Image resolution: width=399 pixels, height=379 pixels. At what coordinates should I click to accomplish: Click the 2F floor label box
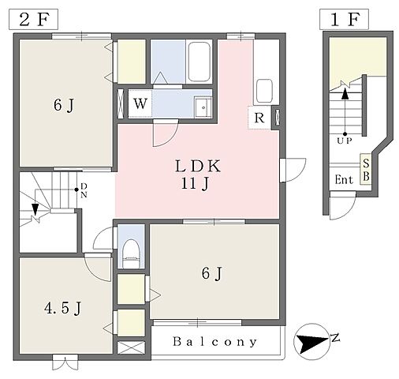pyautogui.click(x=34, y=20)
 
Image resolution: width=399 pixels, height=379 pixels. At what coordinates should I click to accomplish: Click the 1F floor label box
pyautogui.click(x=344, y=20)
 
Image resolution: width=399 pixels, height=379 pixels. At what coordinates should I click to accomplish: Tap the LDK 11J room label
pyautogui.click(x=197, y=174)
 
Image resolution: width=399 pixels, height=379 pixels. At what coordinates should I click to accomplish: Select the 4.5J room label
pyautogui.click(x=62, y=308)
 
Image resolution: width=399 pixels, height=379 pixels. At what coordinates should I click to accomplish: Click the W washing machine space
pyautogui.click(x=140, y=103)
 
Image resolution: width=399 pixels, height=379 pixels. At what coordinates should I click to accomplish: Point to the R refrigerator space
pyautogui.click(x=259, y=118)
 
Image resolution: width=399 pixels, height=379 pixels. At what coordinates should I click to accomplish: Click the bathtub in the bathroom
pyautogui.click(x=199, y=62)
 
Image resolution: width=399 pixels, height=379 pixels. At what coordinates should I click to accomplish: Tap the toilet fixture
pyautogui.click(x=131, y=253)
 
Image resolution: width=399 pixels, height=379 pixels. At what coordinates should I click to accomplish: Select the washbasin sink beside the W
pyautogui.click(x=203, y=107)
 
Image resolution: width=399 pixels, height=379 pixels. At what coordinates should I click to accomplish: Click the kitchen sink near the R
pyautogui.click(x=264, y=91)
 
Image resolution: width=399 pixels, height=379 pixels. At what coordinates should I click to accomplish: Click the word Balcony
pyautogui.click(x=214, y=342)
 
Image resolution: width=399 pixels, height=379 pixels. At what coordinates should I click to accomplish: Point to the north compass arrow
pyautogui.click(x=312, y=342)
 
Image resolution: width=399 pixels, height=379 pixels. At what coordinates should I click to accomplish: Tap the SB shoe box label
pyautogui.click(x=366, y=170)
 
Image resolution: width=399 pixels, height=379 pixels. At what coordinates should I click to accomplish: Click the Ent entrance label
pyautogui.click(x=344, y=180)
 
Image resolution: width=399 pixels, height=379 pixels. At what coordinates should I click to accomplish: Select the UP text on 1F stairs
pyautogui.click(x=345, y=141)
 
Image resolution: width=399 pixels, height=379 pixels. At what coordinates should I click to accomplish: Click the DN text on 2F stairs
pyautogui.click(x=84, y=190)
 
